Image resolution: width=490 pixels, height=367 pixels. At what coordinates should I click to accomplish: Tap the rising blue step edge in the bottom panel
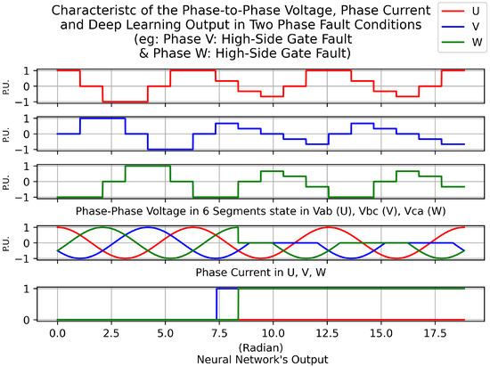coord(216,303)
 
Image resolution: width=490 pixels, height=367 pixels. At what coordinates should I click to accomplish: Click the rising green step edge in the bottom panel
coord(238,303)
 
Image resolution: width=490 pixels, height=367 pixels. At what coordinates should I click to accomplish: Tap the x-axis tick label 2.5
coord(111,331)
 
